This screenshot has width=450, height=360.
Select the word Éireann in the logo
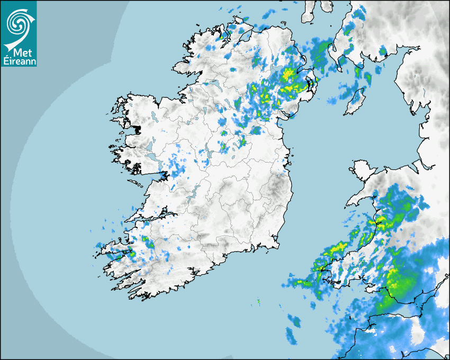click(19, 61)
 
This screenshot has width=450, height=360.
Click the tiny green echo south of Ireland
click(258, 301)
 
